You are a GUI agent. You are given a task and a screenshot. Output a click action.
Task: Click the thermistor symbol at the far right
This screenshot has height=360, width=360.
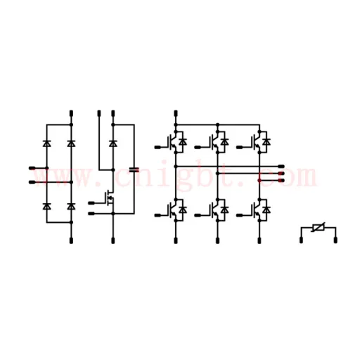point(319,227)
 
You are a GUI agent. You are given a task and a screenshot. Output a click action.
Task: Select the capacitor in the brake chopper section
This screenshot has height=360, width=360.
point(134,169)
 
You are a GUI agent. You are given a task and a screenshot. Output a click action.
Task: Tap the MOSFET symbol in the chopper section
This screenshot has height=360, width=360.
point(110,198)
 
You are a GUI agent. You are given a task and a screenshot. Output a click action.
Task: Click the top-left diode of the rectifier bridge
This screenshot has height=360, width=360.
point(47,143)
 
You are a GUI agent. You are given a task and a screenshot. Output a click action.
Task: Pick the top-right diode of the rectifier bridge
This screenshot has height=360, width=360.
point(71,143)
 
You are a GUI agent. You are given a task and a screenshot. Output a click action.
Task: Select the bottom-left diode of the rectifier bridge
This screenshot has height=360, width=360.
point(47,207)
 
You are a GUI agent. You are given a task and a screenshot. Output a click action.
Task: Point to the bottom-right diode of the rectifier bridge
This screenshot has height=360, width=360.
point(71,207)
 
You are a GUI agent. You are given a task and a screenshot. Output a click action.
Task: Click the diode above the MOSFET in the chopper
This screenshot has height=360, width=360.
point(113,143)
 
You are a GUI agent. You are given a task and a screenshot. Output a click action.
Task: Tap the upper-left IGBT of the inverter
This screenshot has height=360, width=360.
point(172,142)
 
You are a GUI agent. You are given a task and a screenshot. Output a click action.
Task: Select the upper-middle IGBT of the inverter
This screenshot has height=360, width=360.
point(214,142)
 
